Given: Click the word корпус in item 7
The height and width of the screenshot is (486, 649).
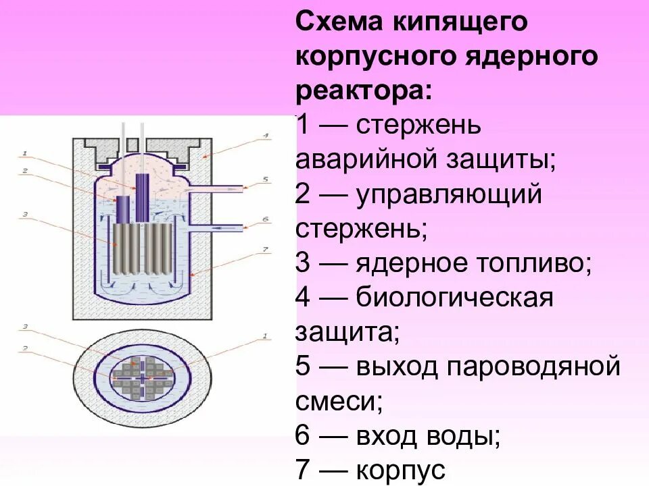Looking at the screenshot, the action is click(x=400, y=471).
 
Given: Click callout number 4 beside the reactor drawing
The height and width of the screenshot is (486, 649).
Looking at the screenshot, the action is click(x=266, y=136).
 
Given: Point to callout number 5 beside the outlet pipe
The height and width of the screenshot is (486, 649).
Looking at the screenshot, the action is click(x=266, y=180).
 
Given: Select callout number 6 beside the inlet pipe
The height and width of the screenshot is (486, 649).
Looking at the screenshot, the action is click(x=266, y=219).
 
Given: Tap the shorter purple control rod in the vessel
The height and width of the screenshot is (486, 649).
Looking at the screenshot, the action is click(x=123, y=210).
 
